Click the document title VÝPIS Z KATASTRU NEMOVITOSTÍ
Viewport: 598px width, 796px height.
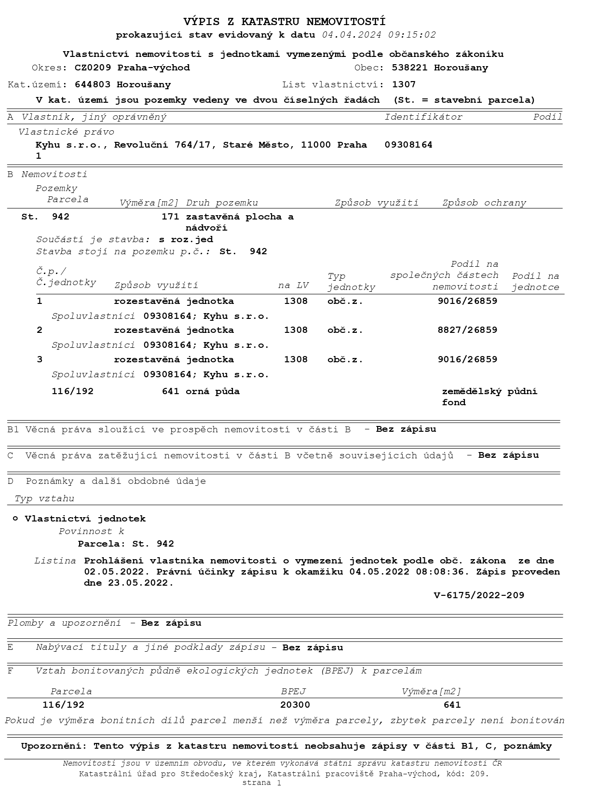[285, 22]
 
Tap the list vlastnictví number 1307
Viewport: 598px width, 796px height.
[404, 84]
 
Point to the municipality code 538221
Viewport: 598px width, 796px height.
[409, 68]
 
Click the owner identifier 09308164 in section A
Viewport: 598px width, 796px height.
[408, 145]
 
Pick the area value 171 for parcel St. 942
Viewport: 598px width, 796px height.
[170, 217]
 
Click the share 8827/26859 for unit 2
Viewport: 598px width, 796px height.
[467, 330]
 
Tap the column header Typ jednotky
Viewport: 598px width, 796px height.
[351, 282]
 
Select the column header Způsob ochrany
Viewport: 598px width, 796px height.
[484, 203]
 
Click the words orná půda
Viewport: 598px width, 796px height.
[213, 391]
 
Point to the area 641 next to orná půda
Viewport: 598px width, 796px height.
[170, 391]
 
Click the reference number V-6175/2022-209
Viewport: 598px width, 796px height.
[479, 595]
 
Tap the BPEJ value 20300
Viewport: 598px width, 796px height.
[295, 705]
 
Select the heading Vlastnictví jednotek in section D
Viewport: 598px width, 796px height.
[85, 519]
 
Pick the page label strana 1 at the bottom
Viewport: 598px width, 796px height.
[262, 783]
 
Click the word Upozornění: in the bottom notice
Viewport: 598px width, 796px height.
[54, 746]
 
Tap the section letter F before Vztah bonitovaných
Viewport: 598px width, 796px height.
[10, 671]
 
